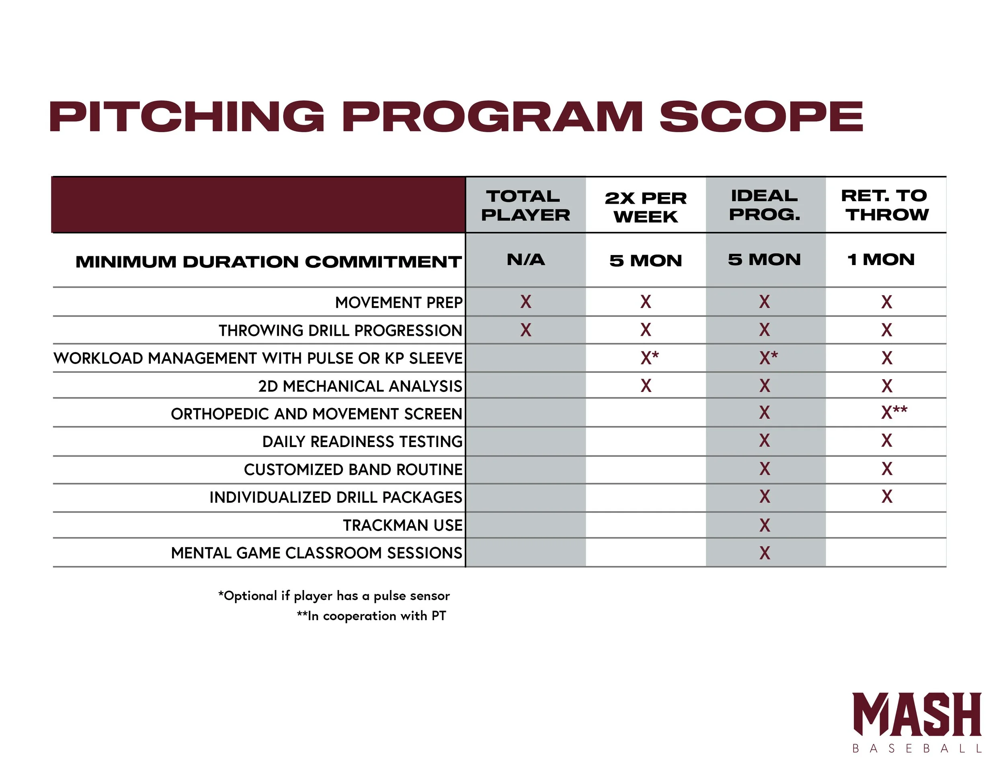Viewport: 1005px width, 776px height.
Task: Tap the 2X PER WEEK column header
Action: coord(646,207)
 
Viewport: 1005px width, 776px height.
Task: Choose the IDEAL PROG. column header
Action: coord(765,205)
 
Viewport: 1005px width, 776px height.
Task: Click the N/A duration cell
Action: coord(525,260)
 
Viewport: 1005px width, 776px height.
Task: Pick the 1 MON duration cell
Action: coord(881,260)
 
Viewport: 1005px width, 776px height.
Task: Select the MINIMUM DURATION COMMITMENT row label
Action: coord(268,261)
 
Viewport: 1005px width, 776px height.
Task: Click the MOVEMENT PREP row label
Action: coord(398,302)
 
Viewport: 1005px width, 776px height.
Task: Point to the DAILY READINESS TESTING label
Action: coord(362,441)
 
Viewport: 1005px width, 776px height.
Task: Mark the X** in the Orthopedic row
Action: coord(894,412)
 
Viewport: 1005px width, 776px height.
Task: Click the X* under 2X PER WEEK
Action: coord(649,357)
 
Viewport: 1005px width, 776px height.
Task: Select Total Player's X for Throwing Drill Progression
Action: coord(525,330)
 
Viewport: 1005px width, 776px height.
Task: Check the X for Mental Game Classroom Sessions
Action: coord(765,553)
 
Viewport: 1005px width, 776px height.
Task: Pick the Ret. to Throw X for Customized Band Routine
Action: coord(887,469)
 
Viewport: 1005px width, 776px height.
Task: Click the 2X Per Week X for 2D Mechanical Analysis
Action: coord(646,386)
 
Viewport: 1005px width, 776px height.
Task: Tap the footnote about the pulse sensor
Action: coord(334,596)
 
